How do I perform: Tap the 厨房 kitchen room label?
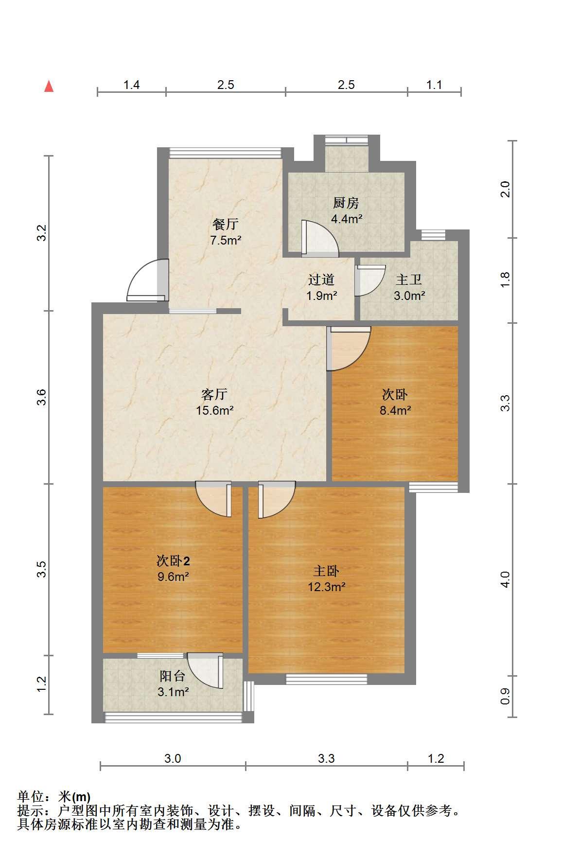(346, 202)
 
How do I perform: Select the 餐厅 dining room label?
(226, 224)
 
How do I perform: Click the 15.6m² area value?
(215, 410)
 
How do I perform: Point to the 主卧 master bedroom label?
(326, 571)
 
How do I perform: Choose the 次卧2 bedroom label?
(173, 561)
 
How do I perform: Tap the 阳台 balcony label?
(173, 676)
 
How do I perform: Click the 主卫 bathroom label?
(409, 280)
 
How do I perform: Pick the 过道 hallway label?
(321, 280)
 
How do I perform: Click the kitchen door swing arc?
(320, 238)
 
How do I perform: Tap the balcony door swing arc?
(204, 670)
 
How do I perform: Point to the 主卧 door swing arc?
(277, 499)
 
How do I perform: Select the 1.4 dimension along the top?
(132, 85)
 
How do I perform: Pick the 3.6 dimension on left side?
(43, 397)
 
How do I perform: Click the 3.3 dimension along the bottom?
(326, 758)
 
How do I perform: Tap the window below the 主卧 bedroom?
(326, 679)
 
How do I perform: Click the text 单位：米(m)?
(53, 797)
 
